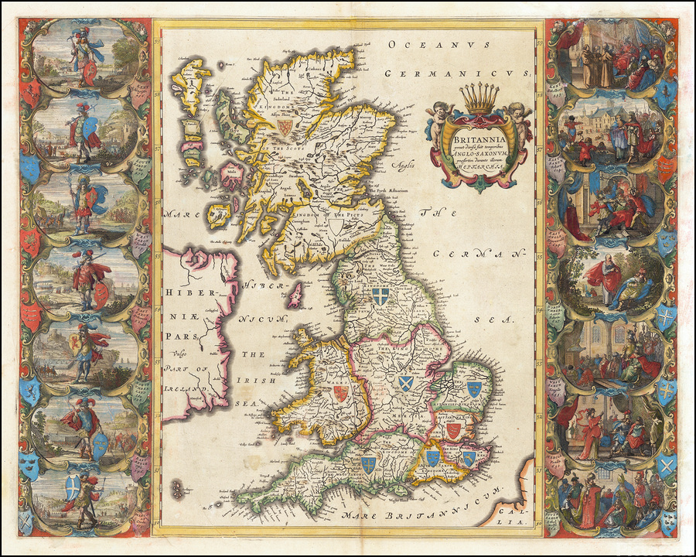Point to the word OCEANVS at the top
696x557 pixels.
[x=438, y=46]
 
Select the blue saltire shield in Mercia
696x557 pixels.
[x=405, y=382]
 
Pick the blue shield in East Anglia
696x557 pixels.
[x=473, y=388]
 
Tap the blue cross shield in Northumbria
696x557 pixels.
[x=379, y=296]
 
